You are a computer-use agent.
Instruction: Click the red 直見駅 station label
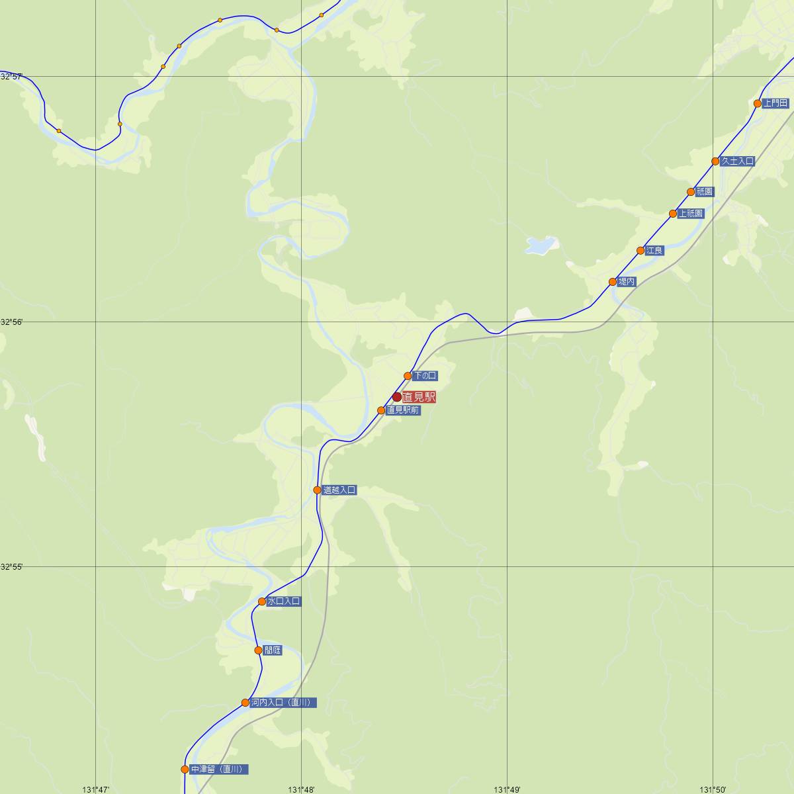(419, 398)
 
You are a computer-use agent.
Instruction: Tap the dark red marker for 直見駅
(397, 398)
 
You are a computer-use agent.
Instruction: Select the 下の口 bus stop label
(424, 376)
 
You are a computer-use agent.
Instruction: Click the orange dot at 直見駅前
(381, 410)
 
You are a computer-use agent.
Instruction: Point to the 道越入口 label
(339, 490)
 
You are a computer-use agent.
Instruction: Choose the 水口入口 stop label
(284, 601)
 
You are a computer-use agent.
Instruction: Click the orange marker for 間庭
(259, 650)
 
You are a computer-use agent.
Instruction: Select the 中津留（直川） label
(219, 770)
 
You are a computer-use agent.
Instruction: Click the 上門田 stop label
(775, 103)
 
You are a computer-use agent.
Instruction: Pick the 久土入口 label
(737, 161)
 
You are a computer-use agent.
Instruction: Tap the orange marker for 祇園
(691, 192)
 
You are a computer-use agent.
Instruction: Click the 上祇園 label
(691, 214)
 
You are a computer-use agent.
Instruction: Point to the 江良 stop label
(655, 251)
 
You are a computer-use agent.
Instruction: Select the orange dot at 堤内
(613, 282)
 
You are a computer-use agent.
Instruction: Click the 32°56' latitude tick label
(11, 322)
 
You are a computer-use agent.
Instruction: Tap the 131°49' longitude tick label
(507, 789)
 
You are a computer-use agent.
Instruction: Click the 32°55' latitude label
(11, 567)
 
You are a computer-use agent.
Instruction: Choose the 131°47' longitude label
(96, 789)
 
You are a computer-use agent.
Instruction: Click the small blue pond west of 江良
(539, 246)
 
